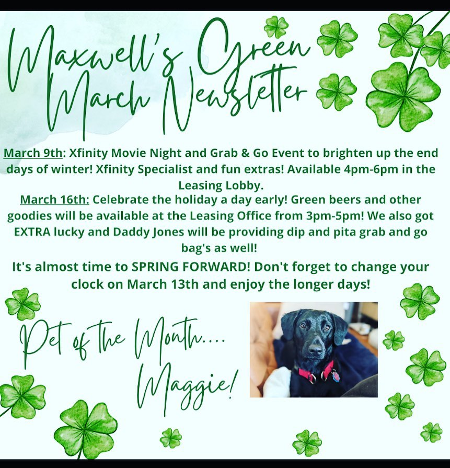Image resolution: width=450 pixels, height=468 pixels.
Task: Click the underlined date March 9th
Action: pyautogui.click(x=33, y=153)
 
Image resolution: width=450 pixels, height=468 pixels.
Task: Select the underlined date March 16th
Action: pyautogui.click(x=54, y=200)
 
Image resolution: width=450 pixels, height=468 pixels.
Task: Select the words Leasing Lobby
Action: pyautogui.click(x=221, y=186)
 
